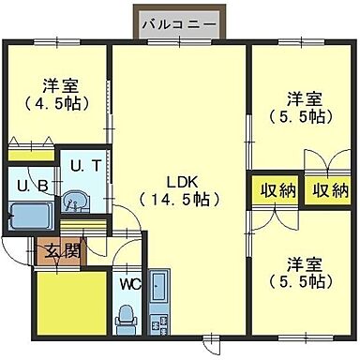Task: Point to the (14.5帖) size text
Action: coord(179,199)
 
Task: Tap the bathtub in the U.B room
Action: coord(27,218)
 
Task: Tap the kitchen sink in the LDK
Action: coord(158,285)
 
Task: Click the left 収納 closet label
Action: coord(277,190)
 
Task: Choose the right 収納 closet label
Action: coord(329,190)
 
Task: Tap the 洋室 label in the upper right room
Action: coord(305,98)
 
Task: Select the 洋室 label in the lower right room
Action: coord(305,262)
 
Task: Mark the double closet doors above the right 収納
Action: coord(328,159)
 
